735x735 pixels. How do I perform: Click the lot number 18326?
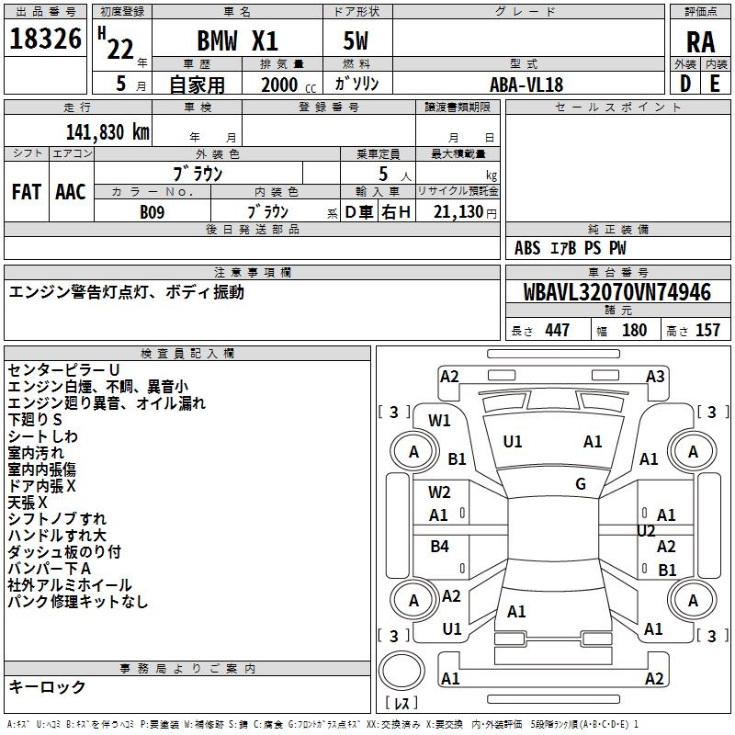[45, 41]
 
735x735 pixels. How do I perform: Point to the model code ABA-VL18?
[526, 85]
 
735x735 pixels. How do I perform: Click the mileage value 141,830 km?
[107, 131]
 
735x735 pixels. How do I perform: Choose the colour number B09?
[153, 211]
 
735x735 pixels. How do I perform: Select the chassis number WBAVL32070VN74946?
[617, 293]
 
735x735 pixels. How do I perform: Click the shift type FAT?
[26, 192]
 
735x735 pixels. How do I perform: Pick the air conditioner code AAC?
[71, 192]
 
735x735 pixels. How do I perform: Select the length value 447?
[557, 331]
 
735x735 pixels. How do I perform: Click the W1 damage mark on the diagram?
[439, 421]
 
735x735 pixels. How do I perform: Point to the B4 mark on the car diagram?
[439, 547]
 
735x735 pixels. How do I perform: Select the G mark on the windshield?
[580, 483]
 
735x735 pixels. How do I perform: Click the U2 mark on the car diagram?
[646, 530]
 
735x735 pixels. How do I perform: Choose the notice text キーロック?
[48, 686]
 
